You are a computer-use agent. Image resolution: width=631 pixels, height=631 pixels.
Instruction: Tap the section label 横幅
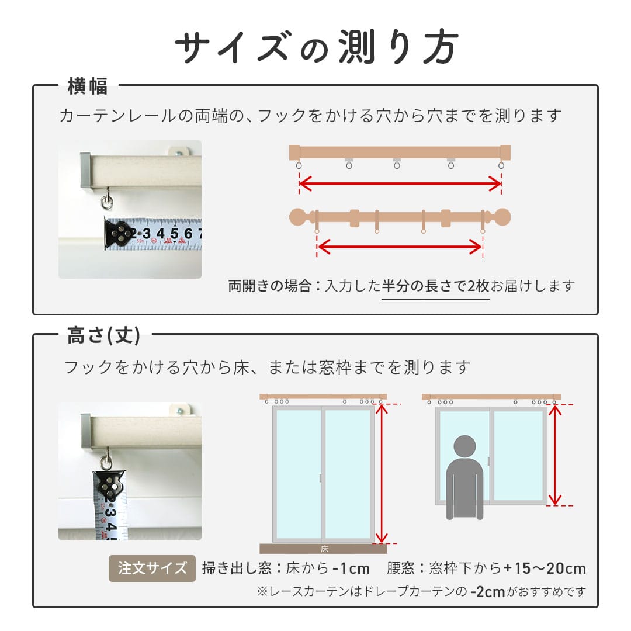88,87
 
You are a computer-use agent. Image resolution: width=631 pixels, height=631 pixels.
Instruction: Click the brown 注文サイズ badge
152,568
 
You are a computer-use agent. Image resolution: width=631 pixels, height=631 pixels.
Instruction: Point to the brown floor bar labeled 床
323,549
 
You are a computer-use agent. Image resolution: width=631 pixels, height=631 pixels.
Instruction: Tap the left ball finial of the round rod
299,217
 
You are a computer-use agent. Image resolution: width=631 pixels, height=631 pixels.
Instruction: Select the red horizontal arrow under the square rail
400,185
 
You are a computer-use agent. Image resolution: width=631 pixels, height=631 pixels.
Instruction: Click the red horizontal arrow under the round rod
400,248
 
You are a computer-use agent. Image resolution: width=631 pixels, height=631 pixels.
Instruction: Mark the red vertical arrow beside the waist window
554,454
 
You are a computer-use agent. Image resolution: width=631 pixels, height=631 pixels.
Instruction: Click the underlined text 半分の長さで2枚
435,286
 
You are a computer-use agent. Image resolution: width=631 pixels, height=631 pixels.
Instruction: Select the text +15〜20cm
545,568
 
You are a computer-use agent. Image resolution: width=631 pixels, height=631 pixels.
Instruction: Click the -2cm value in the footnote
487,592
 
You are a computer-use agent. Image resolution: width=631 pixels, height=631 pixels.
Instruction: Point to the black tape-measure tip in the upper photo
120,234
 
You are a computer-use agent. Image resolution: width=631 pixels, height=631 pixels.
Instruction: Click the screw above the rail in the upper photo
179,152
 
